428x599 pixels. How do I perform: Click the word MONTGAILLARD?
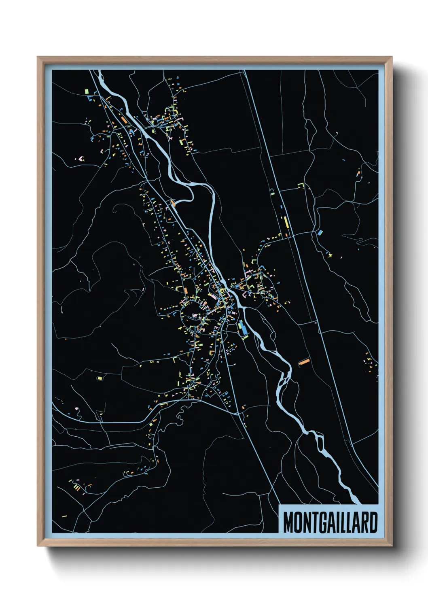330,523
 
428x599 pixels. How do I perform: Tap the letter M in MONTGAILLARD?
288,523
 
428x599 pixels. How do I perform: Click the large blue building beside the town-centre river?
243,328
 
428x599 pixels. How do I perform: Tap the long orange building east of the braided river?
304,361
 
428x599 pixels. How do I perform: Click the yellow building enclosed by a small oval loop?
100,378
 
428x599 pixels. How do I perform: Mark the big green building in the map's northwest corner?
87,92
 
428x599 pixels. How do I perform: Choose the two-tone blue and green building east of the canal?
320,233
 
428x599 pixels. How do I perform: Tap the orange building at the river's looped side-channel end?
173,203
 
